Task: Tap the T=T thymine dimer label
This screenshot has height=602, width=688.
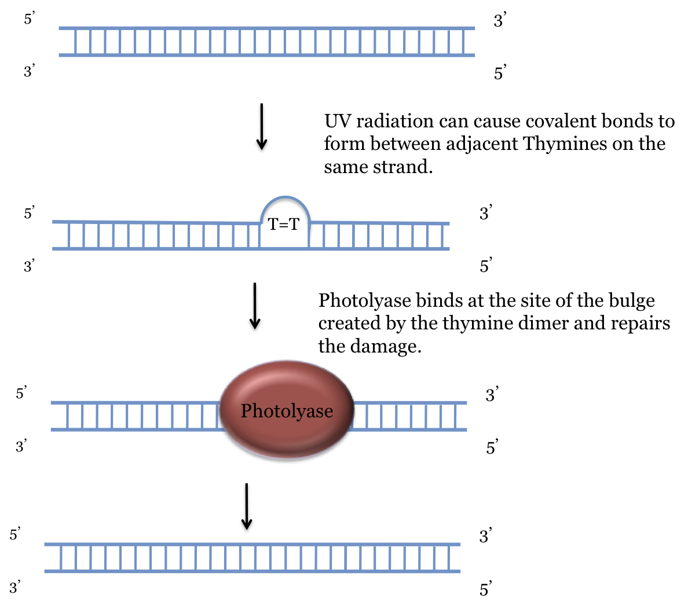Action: [x=283, y=224]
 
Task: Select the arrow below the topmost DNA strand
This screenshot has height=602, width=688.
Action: [x=262, y=126]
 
